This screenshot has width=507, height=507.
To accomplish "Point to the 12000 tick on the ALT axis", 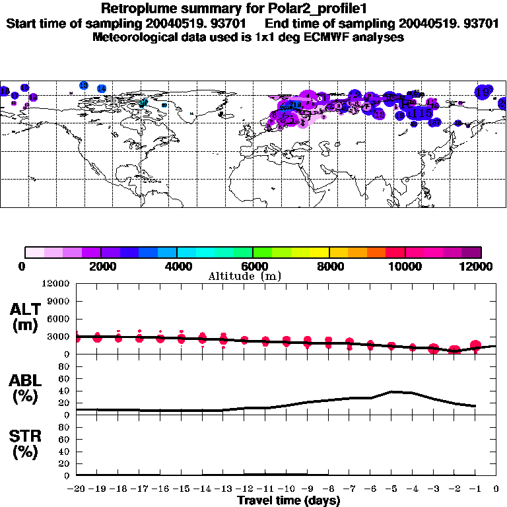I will tap(57, 284).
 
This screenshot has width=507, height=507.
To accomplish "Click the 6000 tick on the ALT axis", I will tap(59, 319).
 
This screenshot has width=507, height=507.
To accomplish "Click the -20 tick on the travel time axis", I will tap(77, 489).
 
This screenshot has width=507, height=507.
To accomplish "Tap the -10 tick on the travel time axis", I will tap(286, 489).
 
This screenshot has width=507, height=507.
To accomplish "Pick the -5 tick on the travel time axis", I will tap(391, 489).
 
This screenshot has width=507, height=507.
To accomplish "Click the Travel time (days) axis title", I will tap(288, 500).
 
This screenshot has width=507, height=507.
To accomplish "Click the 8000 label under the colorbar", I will tap(329, 265).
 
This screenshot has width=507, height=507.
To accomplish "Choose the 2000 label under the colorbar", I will tap(101, 265).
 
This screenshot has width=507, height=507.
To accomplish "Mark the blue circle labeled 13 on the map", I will tap(83, 86).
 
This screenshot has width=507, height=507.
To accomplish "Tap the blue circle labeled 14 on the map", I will tap(102, 88).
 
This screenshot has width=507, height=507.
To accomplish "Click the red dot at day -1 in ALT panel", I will tap(475, 345).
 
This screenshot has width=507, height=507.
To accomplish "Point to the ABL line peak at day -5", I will tap(392, 391).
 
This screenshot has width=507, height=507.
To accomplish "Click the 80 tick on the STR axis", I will tap(66, 426).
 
